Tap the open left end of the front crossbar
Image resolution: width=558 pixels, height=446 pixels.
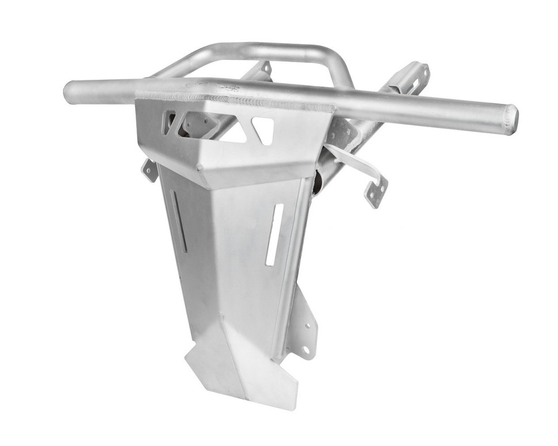click(x=68, y=92)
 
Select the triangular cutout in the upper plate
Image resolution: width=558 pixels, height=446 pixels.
click(x=262, y=130)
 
